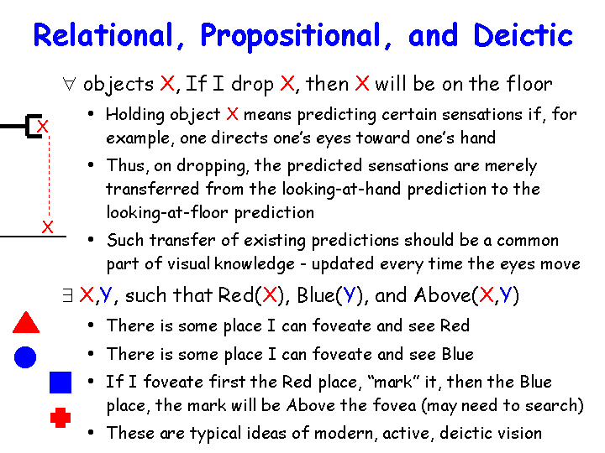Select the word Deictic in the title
(523, 35)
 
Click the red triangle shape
(26, 322)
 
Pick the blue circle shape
(25, 357)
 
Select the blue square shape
(60, 383)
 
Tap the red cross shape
(60, 418)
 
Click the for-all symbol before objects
(69, 84)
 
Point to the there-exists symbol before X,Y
(67, 295)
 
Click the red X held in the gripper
(43, 126)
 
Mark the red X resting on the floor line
(47, 226)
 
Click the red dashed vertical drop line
(49, 176)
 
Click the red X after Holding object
(232, 114)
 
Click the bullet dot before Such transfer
(91, 240)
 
